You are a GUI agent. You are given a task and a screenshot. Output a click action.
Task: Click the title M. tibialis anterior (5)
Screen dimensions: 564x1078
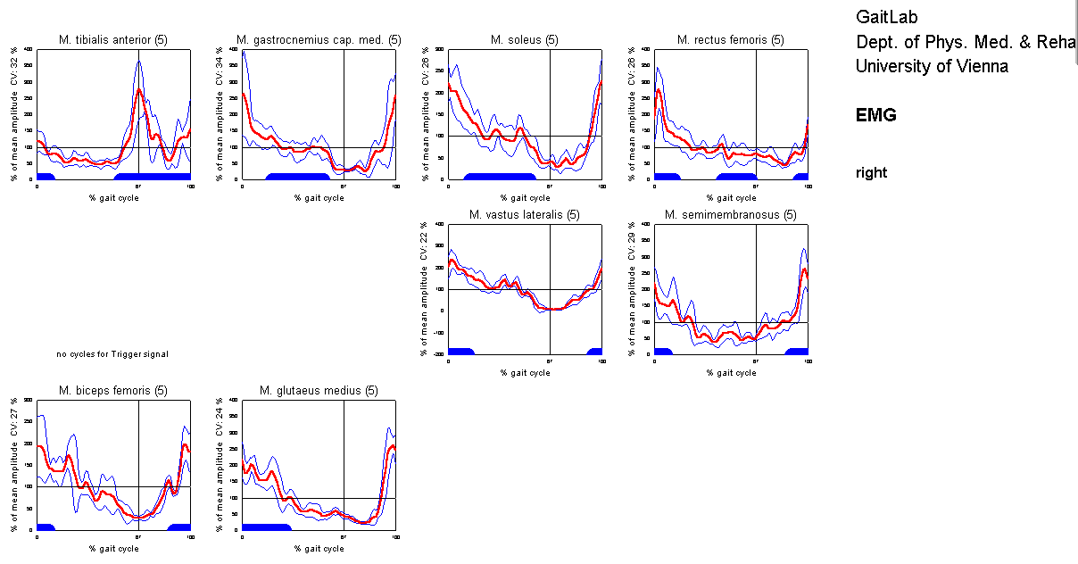[x=112, y=40]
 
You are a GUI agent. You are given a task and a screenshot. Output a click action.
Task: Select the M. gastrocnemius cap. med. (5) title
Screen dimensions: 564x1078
[x=319, y=40]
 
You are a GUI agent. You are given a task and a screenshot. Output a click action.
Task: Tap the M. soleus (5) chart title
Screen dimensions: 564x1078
[x=525, y=40]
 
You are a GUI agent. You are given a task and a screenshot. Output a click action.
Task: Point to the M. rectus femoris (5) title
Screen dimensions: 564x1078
[x=731, y=40]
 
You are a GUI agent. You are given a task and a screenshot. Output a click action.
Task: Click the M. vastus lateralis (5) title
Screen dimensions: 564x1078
[x=525, y=215]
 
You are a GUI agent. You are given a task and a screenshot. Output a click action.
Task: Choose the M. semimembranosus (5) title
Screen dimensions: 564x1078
[x=731, y=215]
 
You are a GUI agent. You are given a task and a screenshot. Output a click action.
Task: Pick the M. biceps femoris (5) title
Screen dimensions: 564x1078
[x=112, y=391]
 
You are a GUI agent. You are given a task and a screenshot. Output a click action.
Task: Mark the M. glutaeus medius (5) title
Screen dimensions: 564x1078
[x=319, y=391]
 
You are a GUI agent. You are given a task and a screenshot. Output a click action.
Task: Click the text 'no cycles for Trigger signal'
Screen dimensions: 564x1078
[x=112, y=354]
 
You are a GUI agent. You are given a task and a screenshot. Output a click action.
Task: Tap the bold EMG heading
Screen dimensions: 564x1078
[x=875, y=115]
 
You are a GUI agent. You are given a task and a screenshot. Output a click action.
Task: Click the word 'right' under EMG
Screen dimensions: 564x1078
[x=871, y=173]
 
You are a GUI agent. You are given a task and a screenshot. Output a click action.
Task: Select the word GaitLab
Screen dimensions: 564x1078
[x=886, y=17]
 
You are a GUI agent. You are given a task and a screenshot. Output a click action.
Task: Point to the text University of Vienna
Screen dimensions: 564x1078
[x=932, y=66]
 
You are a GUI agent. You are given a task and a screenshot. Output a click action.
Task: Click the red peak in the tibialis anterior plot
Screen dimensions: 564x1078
[x=139, y=90]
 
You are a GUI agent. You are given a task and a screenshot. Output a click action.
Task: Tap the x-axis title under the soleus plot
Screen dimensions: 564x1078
[x=525, y=198]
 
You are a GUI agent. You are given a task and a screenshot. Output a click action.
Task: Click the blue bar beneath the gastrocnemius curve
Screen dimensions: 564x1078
[x=299, y=176]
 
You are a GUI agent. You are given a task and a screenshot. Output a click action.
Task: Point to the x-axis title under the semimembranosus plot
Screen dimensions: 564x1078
[x=731, y=373]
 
